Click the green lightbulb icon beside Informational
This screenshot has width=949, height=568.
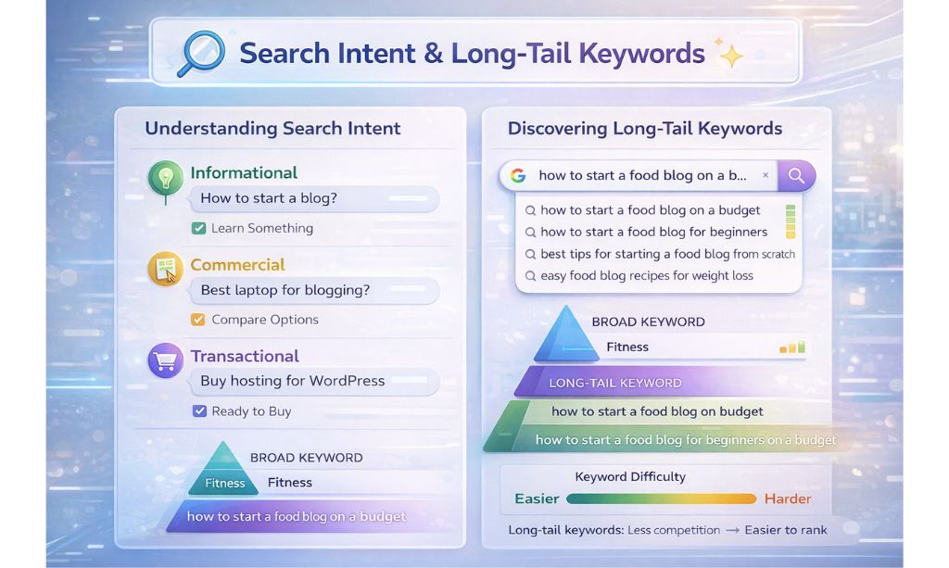point(165,178)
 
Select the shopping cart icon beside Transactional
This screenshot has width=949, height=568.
point(165,361)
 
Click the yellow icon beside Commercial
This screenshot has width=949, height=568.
point(165,270)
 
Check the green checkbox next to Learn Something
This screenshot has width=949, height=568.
point(197,228)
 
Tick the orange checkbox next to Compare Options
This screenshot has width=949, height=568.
point(197,320)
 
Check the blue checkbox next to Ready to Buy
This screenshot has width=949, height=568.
point(198,411)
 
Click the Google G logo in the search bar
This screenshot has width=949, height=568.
point(518,175)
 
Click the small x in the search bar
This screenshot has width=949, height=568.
point(765,175)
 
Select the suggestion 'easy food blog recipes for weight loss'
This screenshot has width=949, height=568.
point(647,276)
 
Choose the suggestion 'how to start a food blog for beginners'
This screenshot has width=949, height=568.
point(653,233)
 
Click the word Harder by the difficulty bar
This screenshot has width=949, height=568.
point(787,499)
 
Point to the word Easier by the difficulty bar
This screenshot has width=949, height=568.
point(537,499)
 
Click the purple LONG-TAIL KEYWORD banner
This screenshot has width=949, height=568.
point(614,383)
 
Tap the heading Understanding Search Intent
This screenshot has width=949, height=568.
point(272,129)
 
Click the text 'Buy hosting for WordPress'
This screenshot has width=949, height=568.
point(292,381)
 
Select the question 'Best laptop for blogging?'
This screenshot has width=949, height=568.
point(285,290)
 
